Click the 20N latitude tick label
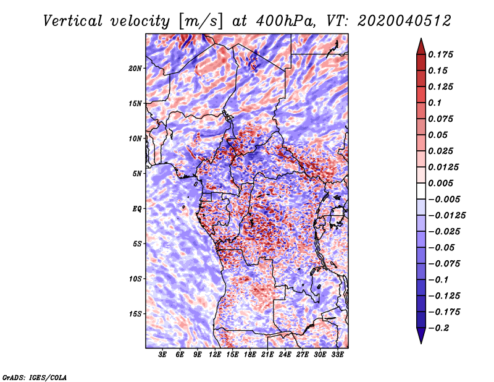tap(135, 69)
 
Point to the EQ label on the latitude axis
tap(137, 209)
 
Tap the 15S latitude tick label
tap(135, 314)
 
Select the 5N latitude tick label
tap(136, 174)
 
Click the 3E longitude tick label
tap(162, 355)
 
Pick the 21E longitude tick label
tap(267, 355)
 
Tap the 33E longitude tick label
tap(337, 355)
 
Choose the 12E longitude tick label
tap(214, 355)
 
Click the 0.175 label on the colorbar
tap(440, 54)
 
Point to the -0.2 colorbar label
tap(438, 328)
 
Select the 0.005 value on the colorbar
tap(440, 183)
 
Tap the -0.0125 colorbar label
tap(446, 216)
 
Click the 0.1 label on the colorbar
tap(435, 103)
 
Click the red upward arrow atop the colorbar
tap(421, 47)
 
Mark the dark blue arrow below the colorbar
tap(421, 335)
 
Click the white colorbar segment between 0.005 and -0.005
tap(421, 191)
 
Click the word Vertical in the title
tap(73, 21)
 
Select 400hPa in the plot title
tap(285, 21)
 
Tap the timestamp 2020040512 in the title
tap(404, 21)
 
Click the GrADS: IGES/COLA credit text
tap(35, 377)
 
